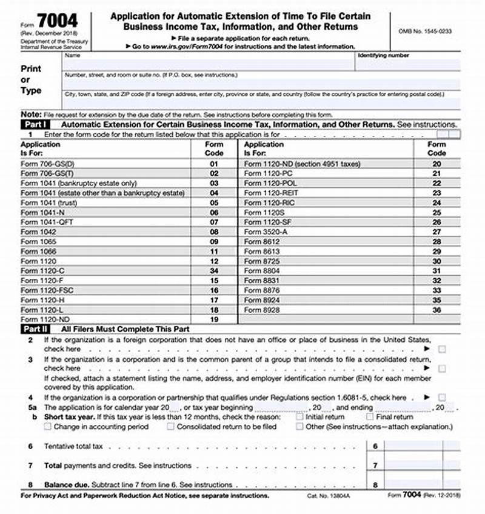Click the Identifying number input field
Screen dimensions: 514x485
408,65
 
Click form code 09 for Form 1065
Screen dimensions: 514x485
213,241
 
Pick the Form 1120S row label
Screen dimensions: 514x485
261,212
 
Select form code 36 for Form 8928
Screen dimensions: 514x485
436,309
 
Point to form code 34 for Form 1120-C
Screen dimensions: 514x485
213,270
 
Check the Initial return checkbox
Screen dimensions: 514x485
299,417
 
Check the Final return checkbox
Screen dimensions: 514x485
369,417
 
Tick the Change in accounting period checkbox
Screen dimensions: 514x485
48,427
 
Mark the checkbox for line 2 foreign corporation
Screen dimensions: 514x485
443,349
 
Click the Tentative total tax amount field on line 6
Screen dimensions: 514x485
413,446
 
